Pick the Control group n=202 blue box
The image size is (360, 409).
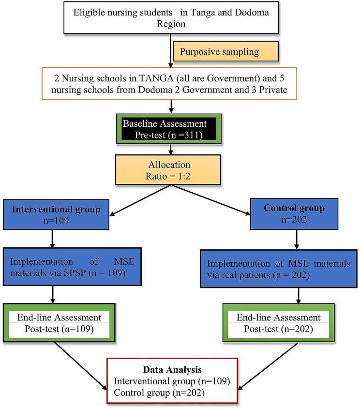tap(295, 213)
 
